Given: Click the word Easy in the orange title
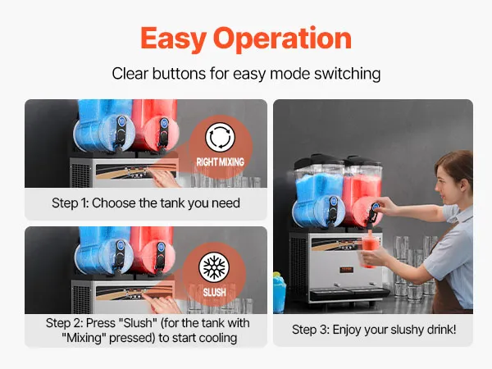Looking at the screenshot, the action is click(173, 39).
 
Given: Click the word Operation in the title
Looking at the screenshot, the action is click(282, 38).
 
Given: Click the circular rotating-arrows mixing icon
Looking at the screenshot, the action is click(220, 137).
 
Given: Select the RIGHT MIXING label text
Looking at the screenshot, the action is click(221, 162).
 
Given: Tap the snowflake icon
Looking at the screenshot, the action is click(214, 266).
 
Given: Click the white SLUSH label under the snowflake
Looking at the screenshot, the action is click(215, 293).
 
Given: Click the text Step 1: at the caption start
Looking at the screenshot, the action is click(70, 203).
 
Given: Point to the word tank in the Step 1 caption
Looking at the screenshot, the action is click(172, 203).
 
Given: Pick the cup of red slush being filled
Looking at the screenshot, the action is click(370, 252).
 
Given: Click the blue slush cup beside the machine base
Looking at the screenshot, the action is click(280, 292).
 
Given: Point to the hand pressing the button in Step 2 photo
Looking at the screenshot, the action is click(163, 303).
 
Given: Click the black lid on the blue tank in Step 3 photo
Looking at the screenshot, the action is click(317, 161).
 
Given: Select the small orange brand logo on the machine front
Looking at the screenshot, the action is click(347, 270).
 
